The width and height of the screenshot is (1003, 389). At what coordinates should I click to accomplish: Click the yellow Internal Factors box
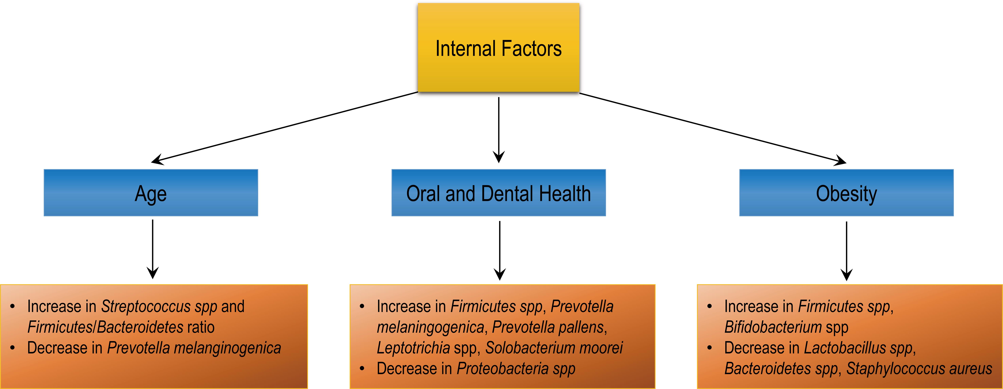tap(498, 48)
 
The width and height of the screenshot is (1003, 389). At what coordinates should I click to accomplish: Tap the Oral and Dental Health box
tap(498, 193)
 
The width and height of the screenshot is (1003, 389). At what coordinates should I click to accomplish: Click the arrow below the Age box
tap(153, 249)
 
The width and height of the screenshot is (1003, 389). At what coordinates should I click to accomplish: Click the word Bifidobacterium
tap(773, 327)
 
